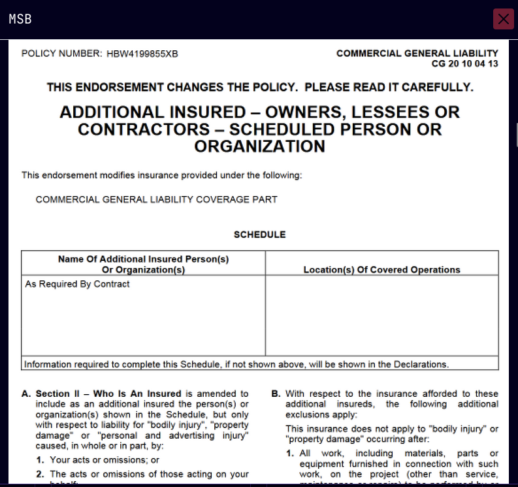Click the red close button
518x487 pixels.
(x=503, y=19)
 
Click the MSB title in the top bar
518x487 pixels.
(x=20, y=19)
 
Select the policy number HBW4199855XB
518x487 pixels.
(x=142, y=54)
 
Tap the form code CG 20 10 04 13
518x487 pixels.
(x=464, y=64)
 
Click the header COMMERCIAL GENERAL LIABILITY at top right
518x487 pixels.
(x=417, y=54)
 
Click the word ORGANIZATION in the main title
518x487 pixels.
(x=259, y=146)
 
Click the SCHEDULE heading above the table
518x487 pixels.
(x=259, y=235)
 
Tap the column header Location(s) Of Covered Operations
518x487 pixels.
(x=381, y=269)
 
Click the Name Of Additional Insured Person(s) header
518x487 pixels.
(x=143, y=259)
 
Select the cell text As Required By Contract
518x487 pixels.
(x=77, y=284)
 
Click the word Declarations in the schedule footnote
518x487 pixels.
(x=422, y=364)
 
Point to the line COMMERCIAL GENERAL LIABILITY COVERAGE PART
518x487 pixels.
(x=156, y=199)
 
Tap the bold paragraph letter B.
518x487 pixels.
(x=276, y=394)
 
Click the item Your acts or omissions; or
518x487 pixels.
(x=105, y=460)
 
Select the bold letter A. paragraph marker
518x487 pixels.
(x=26, y=394)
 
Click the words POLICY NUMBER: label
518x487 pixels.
(x=61, y=54)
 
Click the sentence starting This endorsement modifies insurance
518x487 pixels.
(x=161, y=175)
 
